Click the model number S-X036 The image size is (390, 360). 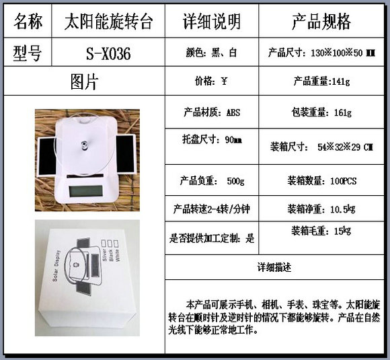click(x=108, y=53)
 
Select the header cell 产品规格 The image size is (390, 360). click(x=321, y=22)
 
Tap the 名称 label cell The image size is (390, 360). click(x=28, y=22)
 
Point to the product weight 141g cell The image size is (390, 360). click(x=321, y=81)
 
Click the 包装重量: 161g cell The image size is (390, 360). click(x=321, y=112)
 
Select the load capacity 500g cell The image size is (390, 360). click(x=212, y=180)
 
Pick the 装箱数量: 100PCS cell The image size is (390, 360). click(x=322, y=180)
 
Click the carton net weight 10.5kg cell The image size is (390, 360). click(x=321, y=209)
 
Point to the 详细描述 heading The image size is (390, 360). click(x=274, y=267)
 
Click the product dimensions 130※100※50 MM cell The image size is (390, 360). click(x=321, y=52)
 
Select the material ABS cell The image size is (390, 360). click(x=212, y=112)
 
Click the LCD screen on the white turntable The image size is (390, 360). click(x=86, y=191)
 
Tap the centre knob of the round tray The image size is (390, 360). click(x=84, y=145)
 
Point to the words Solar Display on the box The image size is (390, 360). click(x=56, y=266)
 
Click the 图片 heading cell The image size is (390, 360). click(x=84, y=81)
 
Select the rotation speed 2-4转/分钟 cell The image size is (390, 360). click(x=211, y=209)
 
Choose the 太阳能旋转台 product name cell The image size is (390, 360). click(x=108, y=22)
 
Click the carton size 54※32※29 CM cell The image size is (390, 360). click(x=321, y=147)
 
